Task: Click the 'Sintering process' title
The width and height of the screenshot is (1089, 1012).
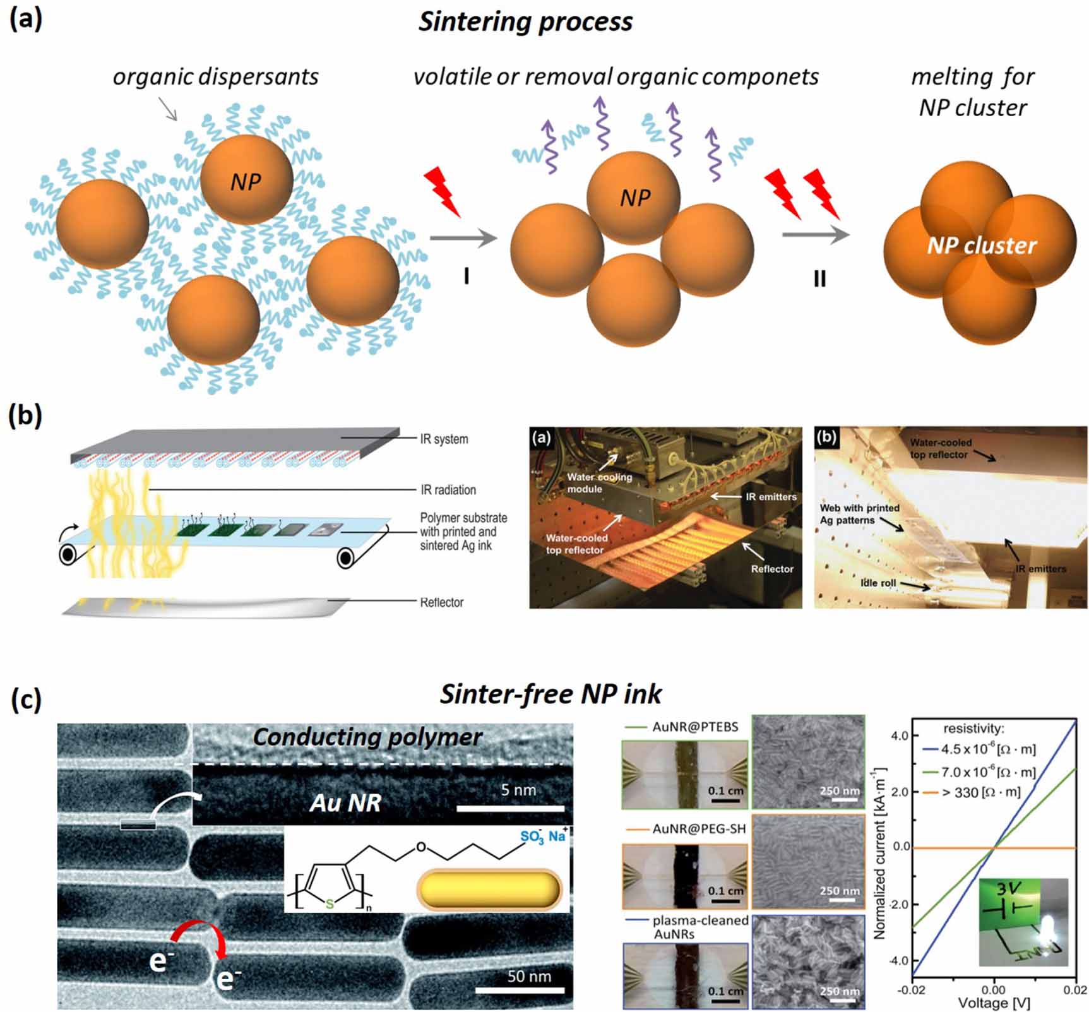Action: pyautogui.click(x=525, y=22)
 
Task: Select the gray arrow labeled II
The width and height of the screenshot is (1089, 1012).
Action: pyautogui.click(x=816, y=235)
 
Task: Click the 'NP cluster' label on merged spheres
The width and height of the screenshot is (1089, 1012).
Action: pyautogui.click(x=981, y=246)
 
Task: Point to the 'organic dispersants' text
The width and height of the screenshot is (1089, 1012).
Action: pyautogui.click(x=215, y=77)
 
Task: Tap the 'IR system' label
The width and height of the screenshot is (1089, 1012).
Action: pyautogui.click(x=444, y=439)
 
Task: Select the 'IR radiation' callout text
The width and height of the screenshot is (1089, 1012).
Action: pyautogui.click(x=448, y=490)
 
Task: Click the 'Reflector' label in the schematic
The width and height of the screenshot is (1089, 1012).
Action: pyautogui.click(x=442, y=602)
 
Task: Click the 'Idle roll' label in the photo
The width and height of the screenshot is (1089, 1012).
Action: pyautogui.click(x=878, y=583)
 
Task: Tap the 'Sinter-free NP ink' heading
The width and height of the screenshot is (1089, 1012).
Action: pyautogui.click(x=550, y=694)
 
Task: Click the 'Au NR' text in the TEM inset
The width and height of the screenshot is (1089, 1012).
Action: pyautogui.click(x=345, y=803)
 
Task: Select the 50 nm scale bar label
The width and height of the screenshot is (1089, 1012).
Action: pyautogui.click(x=529, y=977)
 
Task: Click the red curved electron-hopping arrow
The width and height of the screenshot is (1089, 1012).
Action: pyautogui.click(x=200, y=933)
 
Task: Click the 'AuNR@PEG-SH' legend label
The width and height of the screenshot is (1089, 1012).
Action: pyautogui.click(x=699, y=829)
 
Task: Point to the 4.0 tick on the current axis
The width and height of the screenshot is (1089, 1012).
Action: pyautogui.click(x=900, y=735)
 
